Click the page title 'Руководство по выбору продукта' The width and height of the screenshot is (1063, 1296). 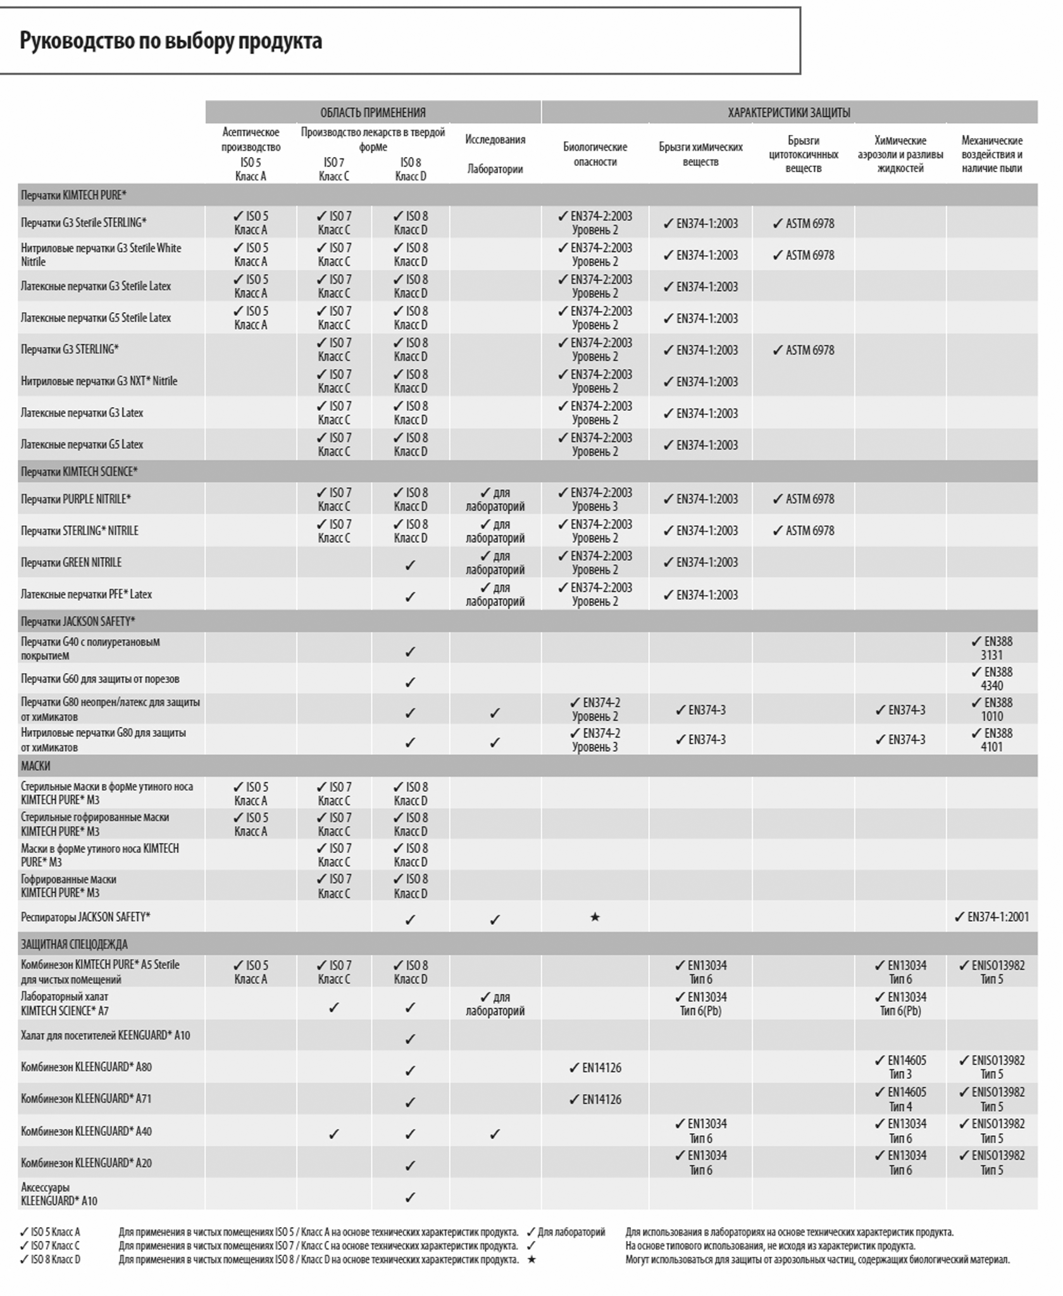click(x=171, y=41)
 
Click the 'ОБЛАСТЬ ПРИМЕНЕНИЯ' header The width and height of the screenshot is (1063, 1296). click(x=373, y=113)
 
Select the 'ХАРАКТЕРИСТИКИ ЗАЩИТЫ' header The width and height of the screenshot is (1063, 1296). click(x=788, y=113)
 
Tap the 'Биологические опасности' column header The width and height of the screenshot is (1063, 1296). click(x=595, y=154)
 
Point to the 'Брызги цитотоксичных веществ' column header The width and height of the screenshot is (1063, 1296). click(x=803, y=154)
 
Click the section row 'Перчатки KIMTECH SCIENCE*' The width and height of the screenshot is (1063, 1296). click(x=79, y=472)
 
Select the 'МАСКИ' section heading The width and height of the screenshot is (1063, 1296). click(x=35, y=766)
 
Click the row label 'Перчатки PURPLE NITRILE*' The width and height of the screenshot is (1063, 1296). click(x=76, y=500)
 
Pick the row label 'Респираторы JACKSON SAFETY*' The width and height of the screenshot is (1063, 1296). click(x=85, y=917)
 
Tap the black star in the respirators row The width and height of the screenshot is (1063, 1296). click(x=595, y=917)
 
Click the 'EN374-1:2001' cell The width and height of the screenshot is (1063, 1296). click(x=992, y=917)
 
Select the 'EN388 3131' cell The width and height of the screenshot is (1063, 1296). click(x=992, y=648)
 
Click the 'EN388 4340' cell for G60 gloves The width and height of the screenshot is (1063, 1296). click(x=992, y=679)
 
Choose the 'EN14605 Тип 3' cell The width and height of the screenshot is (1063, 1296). click(x=900, y=1067)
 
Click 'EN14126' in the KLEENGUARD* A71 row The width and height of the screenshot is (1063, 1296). click(x=595, y=1100)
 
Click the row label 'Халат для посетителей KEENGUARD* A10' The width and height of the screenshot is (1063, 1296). click(x=105, y=1036)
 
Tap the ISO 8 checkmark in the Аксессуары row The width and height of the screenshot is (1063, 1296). click(x=410, y=1198)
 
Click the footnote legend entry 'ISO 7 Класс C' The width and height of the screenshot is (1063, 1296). click(x=50, y=1246)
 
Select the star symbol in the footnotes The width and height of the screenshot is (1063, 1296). click(x=531, y=1260)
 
